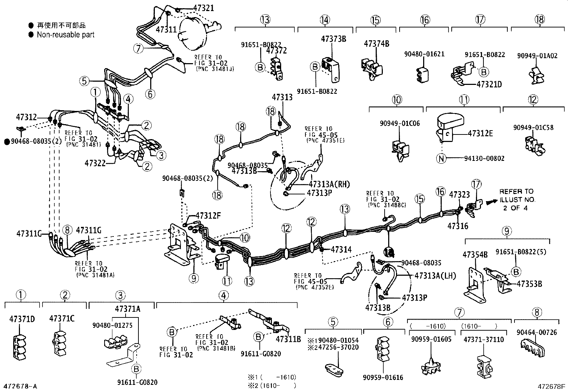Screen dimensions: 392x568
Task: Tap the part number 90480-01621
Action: [x=424, y=54]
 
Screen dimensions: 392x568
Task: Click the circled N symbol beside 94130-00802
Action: [x=442, y=158]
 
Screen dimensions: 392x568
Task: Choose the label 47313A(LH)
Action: [x=435, y=276]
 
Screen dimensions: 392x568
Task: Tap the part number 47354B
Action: [x=475, y=255]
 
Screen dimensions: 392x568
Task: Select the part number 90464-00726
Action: [x=536, y=332]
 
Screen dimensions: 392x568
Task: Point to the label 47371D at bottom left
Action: [x=22, y=319]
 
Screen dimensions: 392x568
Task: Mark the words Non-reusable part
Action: [x=66, y=35]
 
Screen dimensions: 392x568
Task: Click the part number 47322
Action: [x=95, y=163]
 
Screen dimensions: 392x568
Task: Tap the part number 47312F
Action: [x=208, y=216]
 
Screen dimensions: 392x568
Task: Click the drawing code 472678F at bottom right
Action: [x=552, y=386]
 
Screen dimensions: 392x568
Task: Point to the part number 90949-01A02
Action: [x=537, y=56]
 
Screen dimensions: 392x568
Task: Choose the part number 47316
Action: [x=458, y=226]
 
